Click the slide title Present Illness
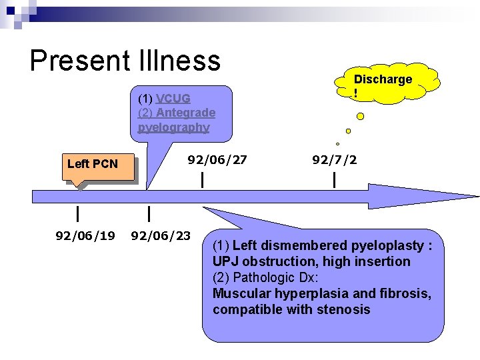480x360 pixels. pos(125,61)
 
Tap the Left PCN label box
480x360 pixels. pos(93,164)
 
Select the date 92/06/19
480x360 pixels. pos(85,235)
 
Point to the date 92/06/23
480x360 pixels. pos(161,235)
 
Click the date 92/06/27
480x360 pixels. pos(217,160)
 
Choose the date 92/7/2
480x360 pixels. pos(334,160)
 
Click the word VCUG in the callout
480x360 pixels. pos(173,99)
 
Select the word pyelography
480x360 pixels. pos(173,127)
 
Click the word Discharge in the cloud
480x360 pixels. pos(383,79)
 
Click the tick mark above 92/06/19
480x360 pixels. pos(79,214)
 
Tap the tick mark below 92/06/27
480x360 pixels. pos(203,179)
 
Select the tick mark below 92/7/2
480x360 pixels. pos(334,179)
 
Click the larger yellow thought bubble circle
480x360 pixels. pos(361,117)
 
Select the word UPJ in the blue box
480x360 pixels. pos(225,261)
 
